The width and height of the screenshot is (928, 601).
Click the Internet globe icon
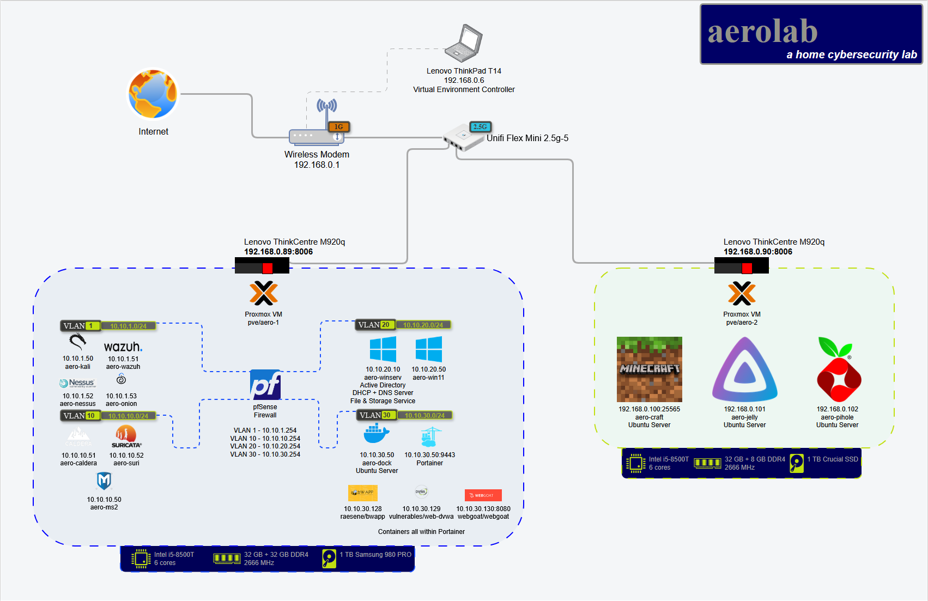(153, 94)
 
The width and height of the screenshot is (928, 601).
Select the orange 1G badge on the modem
(338, 127)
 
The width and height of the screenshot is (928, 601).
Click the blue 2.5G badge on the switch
(480, 127)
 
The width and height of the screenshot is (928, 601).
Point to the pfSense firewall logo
(265, 385)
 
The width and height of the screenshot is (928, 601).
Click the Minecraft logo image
(649, 369)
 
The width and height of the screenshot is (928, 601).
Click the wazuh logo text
(123, 347)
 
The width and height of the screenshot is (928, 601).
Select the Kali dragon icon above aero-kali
(77, 342)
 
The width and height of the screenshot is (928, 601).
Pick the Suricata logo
(126, 436)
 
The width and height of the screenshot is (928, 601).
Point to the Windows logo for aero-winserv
(383, 349)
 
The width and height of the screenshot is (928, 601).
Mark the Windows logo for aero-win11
(429, 349)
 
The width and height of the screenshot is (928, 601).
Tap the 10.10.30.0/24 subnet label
(424, 415)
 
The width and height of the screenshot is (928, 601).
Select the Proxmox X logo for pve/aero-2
(742, 294)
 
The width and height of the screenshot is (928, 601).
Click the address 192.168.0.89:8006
(278, 252)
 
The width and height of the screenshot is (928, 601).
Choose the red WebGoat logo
(483, 495)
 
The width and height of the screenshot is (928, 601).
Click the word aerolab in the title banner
(762, 32)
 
